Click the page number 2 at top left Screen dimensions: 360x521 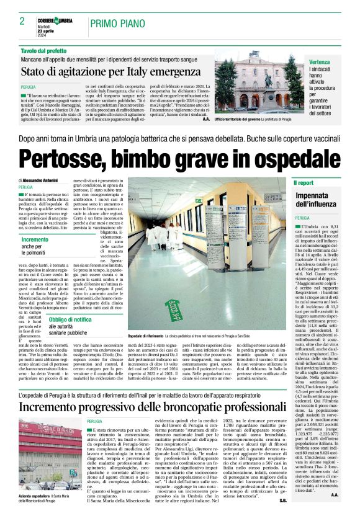22,20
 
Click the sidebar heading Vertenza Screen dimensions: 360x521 321,63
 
